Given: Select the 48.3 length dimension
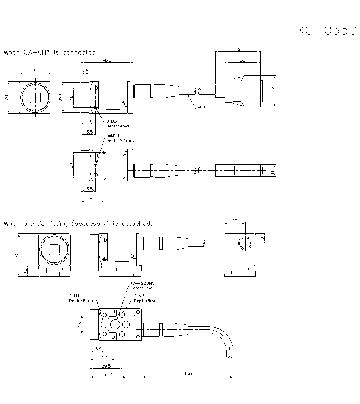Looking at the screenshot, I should [107, 60].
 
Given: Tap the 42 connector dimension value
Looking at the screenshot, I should [238, 49].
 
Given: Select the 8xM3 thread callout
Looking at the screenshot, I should [112, 122].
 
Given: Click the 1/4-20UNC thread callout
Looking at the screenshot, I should [142, 283].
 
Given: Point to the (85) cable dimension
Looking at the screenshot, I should [187, 374].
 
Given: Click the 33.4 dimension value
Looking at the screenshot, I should [108, 374].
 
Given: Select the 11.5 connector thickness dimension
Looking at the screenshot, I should [273, 170].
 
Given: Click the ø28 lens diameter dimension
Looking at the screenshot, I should [61, 97].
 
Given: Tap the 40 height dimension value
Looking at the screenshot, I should [16, 255].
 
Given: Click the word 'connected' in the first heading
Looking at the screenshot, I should [79, 53].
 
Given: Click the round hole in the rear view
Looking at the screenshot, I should [246, 243].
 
